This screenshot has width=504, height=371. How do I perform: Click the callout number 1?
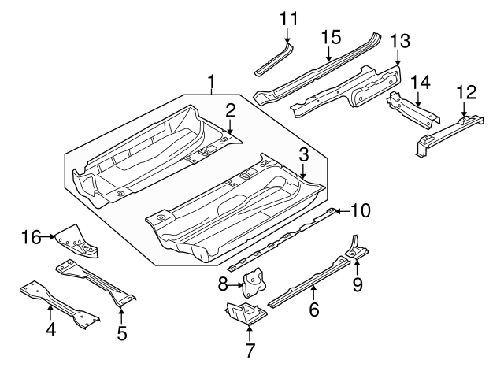pos(212,81)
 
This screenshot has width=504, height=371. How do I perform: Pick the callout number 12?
pos(466,92)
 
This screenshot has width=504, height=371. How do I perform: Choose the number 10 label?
pos(360,210)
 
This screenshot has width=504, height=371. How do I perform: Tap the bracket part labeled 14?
pos(411,110)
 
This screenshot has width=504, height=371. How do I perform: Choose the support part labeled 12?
pos(445,132)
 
